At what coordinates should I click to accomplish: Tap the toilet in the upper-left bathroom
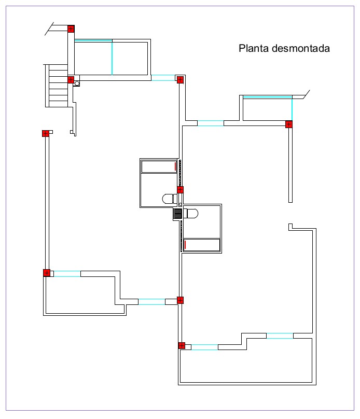[168, 199]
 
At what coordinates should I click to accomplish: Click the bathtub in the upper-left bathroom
[159, 166]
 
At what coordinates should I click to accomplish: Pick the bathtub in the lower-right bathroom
[202, 245]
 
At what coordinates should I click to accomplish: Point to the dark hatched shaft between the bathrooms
[178, 213]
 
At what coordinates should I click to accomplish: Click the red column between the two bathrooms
[180, 189]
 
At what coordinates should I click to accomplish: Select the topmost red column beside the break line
[71, 29]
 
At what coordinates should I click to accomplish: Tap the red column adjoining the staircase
[71, 80]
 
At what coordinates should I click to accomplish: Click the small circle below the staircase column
[77, 83]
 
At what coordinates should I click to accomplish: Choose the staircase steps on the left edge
[57, 85]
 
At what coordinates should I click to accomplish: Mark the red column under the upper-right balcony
[289, 124]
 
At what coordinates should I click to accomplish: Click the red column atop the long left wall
[46, 133]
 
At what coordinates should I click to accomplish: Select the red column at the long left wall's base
[47, 273]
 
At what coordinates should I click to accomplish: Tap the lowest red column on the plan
[182, 346]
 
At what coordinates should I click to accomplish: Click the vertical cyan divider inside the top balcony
[112, 58]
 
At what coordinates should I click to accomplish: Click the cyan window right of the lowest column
[204, 347]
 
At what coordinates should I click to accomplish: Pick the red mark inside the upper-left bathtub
[176, 166]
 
